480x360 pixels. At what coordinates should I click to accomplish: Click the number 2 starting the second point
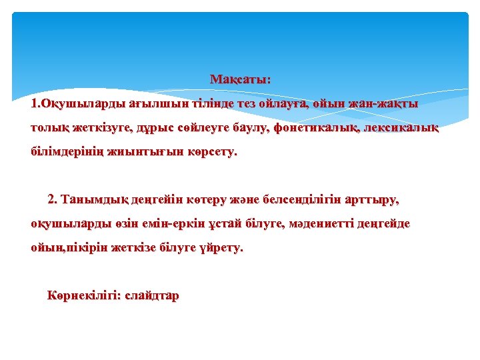pos(52,199)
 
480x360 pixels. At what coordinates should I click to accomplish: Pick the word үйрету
pos(222,248)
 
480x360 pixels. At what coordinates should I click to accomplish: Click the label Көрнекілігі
pos(83,295)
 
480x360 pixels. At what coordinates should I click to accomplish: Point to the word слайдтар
pos(152,295)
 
